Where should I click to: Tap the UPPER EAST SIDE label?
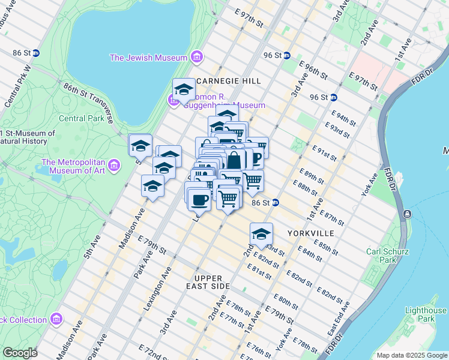(208, 282)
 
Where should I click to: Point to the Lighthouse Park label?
(426, 314)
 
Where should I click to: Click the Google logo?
(20, 353)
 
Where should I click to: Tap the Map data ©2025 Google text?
(412, 355)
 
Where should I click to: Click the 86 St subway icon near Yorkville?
(275, 203)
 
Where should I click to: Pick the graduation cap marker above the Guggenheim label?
(184, 90)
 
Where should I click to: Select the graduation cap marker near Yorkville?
(261, 234)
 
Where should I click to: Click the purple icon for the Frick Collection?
(56, 319)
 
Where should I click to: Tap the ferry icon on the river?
(408, 214)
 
